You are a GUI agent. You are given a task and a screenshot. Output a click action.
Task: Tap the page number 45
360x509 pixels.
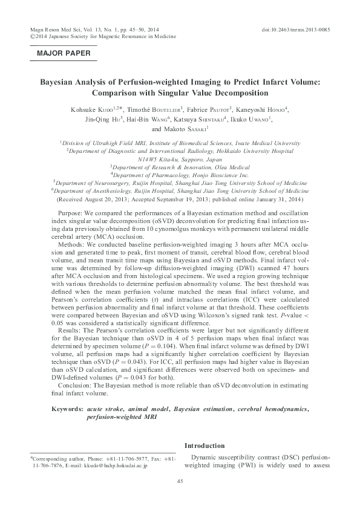[180, 481]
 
